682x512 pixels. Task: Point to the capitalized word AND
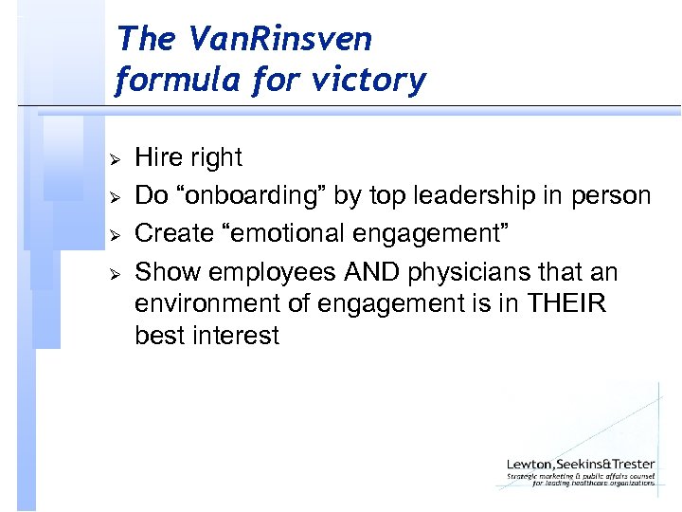click(x=367, y=273)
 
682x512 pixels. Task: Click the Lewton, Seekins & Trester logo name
click(x=580, y=464)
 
